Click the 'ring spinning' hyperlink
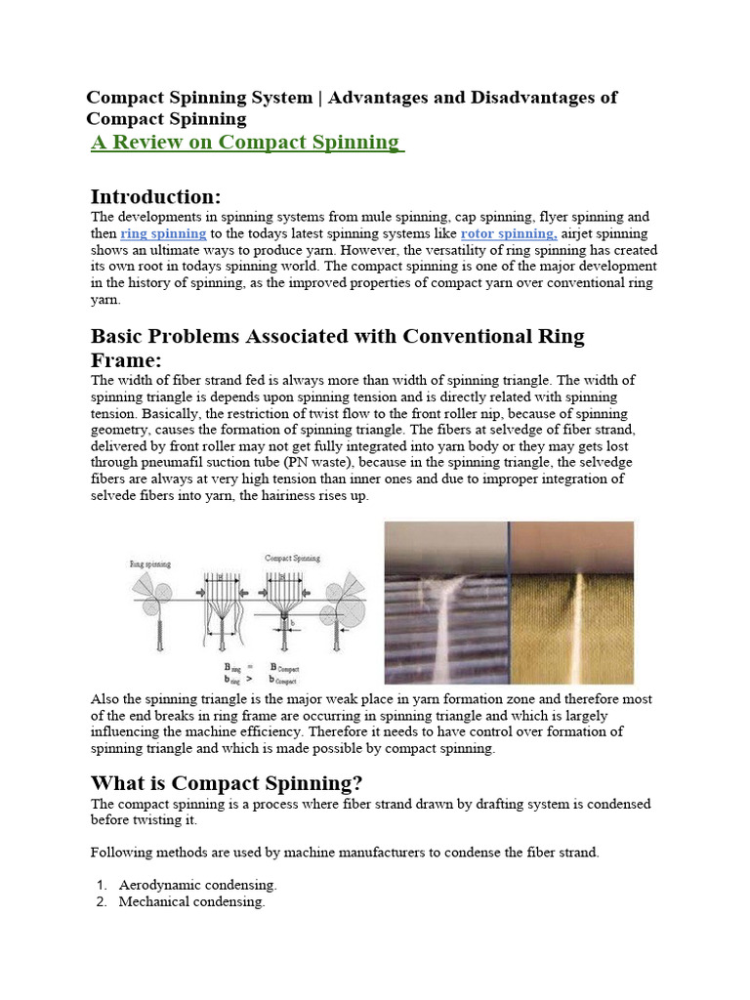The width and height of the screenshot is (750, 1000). pos(163,234)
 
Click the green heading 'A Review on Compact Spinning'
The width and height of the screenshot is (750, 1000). pos(247,143)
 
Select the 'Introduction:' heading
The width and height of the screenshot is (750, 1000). pos(155,195)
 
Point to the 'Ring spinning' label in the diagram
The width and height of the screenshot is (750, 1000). pos(150,563)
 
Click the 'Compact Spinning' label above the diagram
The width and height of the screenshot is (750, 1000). pos(294,558)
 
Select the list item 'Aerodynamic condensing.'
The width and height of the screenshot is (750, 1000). pos(197,885)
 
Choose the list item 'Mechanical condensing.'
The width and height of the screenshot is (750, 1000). pos(191,902)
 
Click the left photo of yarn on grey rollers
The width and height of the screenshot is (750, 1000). pos(445,603)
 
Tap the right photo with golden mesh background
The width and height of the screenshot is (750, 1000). pos(571,603)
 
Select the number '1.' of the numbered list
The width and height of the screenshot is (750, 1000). pos(102,885)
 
